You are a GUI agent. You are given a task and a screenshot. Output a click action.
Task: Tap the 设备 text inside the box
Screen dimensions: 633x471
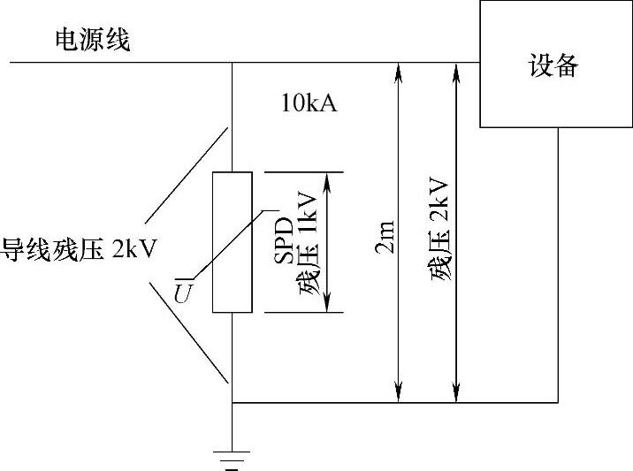(x=553, y=65)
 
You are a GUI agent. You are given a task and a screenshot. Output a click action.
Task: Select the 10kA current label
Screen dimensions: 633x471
(x=309, y=103)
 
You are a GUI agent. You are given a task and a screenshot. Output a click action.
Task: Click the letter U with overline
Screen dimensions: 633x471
(x=181, y=292)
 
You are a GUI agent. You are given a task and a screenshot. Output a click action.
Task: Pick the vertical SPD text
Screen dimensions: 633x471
(x=282, y=239)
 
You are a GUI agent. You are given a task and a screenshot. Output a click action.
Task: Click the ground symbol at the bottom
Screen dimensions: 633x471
(x=232, y=459)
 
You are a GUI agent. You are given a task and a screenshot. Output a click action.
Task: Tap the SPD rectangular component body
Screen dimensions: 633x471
(x=232, y=242)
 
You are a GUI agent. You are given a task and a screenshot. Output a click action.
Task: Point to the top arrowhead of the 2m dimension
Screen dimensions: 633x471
(x=399, y=69)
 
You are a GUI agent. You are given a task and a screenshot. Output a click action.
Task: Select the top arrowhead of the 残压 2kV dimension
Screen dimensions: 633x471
(x=456, y=69)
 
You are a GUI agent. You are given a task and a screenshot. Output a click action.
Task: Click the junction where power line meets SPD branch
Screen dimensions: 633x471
(x=232, y=63)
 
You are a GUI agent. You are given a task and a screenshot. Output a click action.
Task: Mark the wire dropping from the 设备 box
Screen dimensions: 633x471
(x=558, y=265)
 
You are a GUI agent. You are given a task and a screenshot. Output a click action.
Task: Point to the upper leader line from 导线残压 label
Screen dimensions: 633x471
(x=187, y=174)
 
